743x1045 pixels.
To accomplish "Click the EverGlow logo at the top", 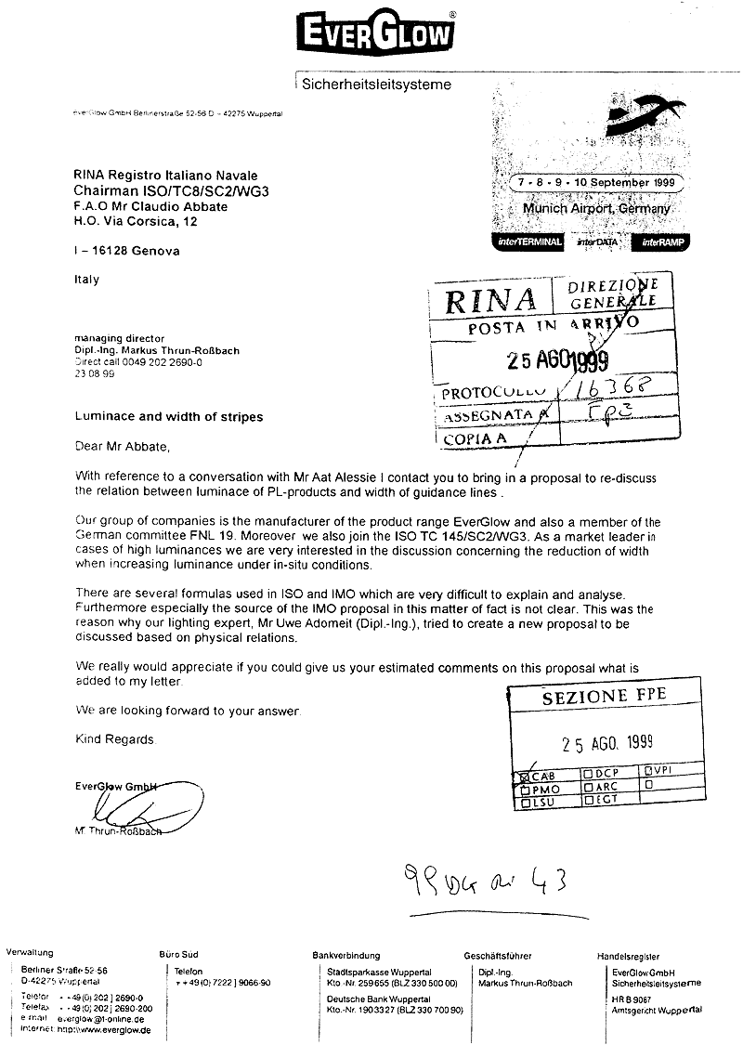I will (375, 34).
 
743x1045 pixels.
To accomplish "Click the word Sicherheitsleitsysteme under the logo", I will (377, 85).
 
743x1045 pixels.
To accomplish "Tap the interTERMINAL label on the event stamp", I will (528, 242).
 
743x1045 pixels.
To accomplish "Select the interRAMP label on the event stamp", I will (660, 242).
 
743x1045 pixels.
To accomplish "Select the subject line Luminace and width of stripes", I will (169, 416).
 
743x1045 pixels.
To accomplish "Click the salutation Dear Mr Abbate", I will (124, 446).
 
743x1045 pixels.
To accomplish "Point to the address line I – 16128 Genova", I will (127, 251).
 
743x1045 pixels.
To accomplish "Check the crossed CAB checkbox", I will (525, 775).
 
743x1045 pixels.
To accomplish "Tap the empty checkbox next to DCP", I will (586, 773).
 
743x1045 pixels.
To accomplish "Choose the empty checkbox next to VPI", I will (648, 771).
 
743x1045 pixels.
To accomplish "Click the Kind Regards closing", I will (116, 739).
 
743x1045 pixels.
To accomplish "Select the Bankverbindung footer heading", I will (346, 955).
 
